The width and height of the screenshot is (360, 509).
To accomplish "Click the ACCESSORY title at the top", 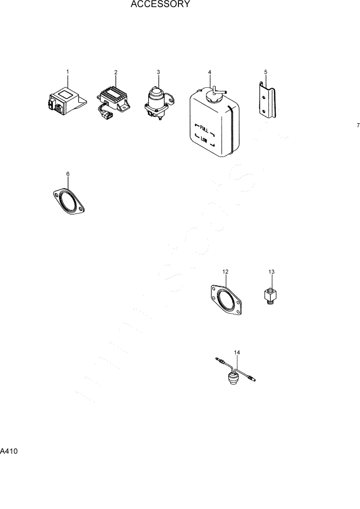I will pos(161,5).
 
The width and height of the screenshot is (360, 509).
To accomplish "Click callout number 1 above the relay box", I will pos(67,71).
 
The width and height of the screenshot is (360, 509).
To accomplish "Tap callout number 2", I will pos(116,72).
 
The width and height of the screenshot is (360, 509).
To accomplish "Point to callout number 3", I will pos(158,72).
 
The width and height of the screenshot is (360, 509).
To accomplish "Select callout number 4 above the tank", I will pos(210,72).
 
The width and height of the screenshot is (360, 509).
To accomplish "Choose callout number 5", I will pos(266,72).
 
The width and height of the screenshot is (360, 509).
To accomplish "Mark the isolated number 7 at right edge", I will pos(358,125).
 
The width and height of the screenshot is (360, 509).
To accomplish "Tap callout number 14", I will pos(237,353).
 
